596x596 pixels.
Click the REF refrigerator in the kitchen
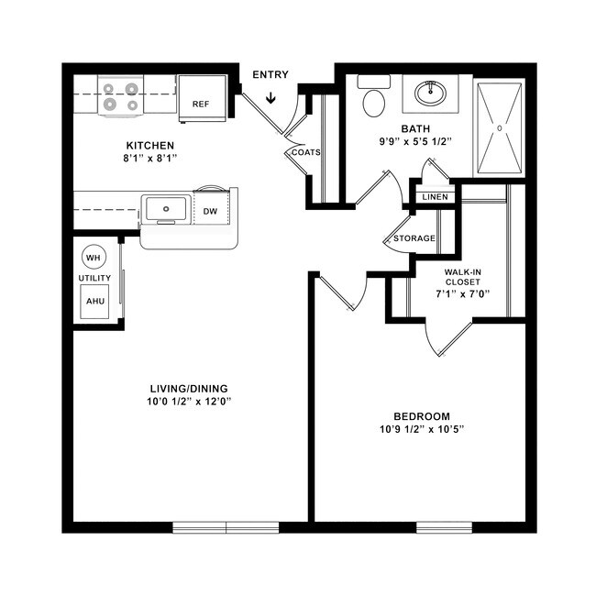tap(202, 96)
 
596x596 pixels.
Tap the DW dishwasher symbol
tap(210, 212)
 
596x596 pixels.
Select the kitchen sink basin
tap(166, 209)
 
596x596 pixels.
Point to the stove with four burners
tap(122, 97)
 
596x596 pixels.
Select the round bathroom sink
tap(429, 93)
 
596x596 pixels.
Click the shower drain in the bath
tap(499, 128)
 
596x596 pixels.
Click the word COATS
tap(306, 152)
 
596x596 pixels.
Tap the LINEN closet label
tap(435, 197)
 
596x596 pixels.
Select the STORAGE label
tap(414, 238)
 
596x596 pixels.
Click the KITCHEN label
tap(149, 146)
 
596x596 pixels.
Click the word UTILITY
tap(94, 277)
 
